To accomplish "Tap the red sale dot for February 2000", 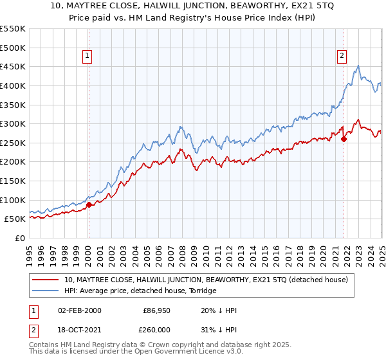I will click(x=89, y=205).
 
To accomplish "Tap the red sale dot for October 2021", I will click(x=344, y=138).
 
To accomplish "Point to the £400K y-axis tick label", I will click(x=14, y=85).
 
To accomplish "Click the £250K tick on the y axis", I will click(x=14, y=143).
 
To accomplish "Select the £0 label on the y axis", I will click(x=20, y=238).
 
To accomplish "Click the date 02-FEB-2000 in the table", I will click(x=79, y=310).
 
